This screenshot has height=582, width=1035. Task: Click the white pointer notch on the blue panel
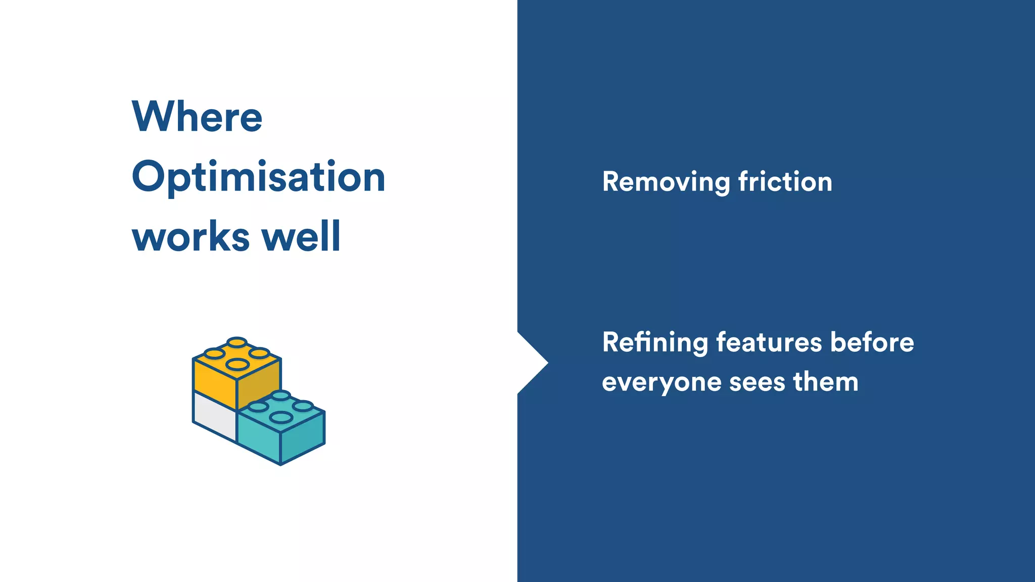coord(531,363)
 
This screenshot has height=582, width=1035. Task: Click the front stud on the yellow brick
coord(237,364)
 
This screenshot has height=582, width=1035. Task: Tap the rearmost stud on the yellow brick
coord(237,343)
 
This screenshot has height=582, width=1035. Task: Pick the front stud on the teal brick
coord(281,417)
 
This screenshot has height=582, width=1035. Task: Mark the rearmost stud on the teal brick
coord(281,395)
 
